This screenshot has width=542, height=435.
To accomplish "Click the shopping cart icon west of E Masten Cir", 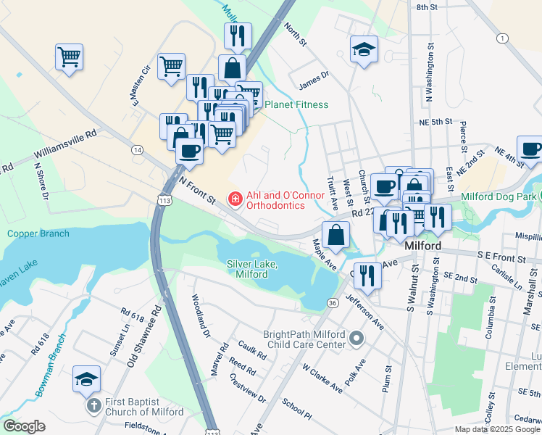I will tap(69, 56).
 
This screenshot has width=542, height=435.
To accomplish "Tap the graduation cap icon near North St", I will tap(364, 49).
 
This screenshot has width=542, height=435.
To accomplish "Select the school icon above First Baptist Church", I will tap(86, 379).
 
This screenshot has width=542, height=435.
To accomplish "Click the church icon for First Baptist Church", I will tap(93, 405).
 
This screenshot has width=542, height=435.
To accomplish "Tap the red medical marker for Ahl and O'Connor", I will tap(235, 198).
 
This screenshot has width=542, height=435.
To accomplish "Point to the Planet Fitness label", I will tap(296, 105).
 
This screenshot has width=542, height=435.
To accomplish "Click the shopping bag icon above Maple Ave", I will tap(336, 235).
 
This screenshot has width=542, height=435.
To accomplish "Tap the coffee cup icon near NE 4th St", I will tap(530, 149).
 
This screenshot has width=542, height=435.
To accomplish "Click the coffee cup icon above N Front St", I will tap(190, 151).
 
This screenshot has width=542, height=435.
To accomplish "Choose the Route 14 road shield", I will tap(137, 149).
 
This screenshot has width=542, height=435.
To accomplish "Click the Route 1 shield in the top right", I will tap(501, 37).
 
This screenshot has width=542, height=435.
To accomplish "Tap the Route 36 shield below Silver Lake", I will tap(333, 302).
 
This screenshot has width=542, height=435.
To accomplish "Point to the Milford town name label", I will tap(423, 246).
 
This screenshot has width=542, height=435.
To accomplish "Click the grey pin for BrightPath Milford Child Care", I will tap(356, 339).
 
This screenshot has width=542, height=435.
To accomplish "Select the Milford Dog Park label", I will tap(501, 197).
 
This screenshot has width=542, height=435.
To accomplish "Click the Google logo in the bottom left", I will tap(24, 426).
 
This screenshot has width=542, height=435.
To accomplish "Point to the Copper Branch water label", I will tap(38, 233).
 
